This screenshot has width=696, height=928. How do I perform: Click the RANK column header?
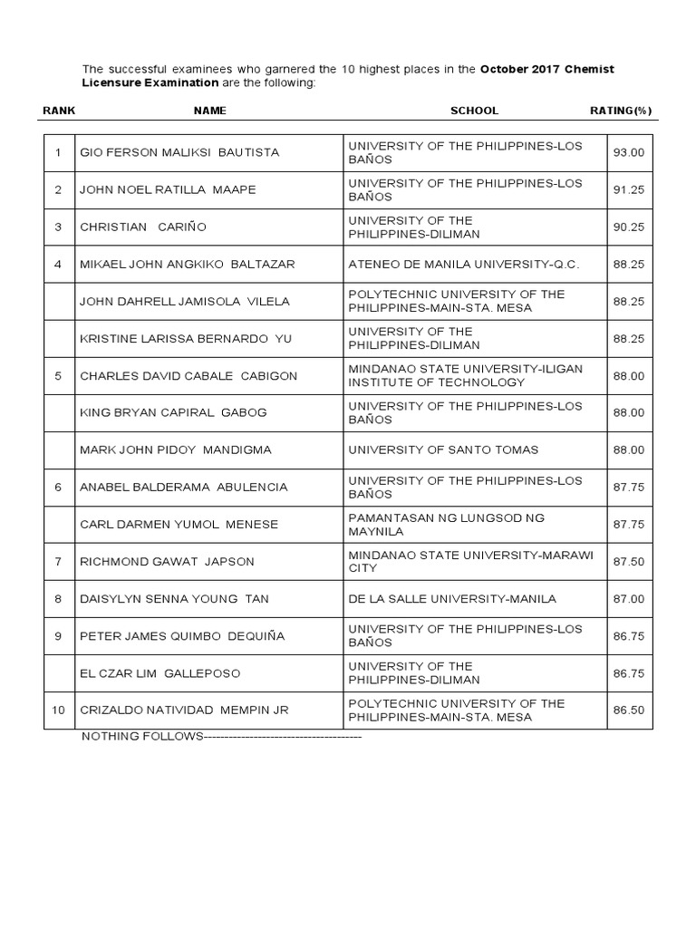pos(59,111)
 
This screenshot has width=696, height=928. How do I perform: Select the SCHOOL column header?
pos(474,111)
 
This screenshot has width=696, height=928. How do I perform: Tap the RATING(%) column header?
pos(620,111)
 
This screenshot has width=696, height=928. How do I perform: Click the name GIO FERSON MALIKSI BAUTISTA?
pos(179,152)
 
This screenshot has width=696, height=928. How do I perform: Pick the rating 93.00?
pos(629,152)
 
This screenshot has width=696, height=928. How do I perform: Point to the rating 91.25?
pos(629,189)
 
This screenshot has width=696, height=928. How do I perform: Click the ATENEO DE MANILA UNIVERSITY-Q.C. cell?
pos(463,264)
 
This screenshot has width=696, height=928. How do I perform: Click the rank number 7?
pos(58,561)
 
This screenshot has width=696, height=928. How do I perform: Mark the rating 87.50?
pos(629,561)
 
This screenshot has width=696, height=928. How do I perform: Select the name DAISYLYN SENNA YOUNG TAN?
pos(175,599)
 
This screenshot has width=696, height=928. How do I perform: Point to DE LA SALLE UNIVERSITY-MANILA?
pos(452,599)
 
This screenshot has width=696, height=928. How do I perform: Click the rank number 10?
pos(58,710)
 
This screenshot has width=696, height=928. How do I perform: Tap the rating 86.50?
pos(629,710)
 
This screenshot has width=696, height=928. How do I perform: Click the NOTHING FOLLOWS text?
pos(142,736)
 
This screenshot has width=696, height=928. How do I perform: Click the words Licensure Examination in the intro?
pos(150,82)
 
